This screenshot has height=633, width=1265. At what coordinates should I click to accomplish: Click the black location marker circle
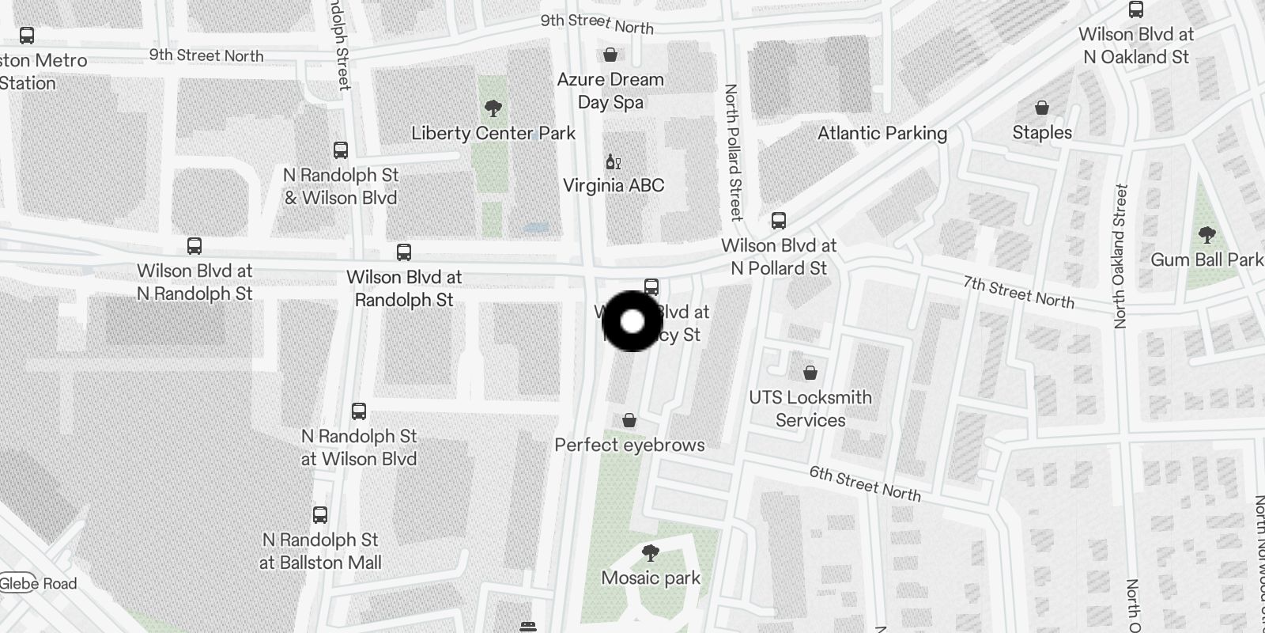(x=632, y=321)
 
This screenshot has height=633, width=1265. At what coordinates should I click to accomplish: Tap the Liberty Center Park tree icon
(x=493, y=108)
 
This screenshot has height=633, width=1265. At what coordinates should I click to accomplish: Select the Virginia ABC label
(x=614, y=185)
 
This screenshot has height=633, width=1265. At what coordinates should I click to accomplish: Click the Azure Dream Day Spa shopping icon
(x=610, y=55)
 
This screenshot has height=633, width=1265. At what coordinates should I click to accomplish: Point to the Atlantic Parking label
(x=882, y=133)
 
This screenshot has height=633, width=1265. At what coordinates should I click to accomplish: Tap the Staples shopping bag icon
(x=1042, y=108)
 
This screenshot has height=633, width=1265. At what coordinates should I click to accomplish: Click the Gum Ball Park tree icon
(x=1206, y=235)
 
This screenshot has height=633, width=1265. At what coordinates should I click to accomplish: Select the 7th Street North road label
(x=1018, y=292)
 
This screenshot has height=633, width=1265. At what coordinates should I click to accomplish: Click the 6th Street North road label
(x=865, y=483)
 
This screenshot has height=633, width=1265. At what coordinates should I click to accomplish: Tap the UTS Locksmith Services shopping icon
(x=810, y=373)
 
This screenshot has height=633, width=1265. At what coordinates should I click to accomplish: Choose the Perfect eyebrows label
(x=629, y=445)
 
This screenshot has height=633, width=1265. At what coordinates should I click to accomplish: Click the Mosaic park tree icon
(x=651, y=552)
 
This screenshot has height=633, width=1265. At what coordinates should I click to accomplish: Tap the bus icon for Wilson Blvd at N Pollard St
(x=779, y=221)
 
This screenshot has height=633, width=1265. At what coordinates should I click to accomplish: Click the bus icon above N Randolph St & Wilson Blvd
(x=341, y=150)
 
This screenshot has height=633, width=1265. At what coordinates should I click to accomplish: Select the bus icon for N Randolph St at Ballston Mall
(x=320, y=515)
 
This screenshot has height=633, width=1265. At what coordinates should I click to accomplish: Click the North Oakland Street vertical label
(x=1119, y=256)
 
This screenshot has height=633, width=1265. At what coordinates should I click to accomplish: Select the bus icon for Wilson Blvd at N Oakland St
(x=1136, y=10)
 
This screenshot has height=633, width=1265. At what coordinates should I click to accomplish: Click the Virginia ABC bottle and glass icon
(x=613, y=161)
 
